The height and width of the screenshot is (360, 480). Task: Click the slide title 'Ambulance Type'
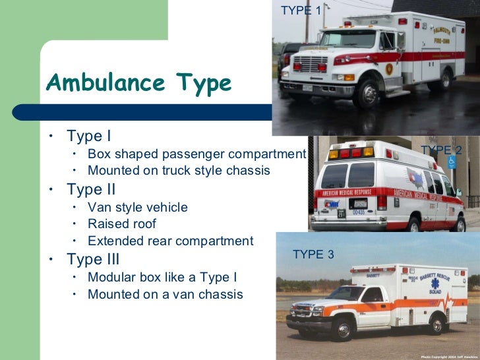pos(138,84)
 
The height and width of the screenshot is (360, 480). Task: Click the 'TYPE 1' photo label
pos(301,10)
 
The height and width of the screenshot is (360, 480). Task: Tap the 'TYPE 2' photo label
pos(442,150)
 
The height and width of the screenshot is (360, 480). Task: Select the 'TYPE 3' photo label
pos(313,255)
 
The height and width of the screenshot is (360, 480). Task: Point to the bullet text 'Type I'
pos(88,136)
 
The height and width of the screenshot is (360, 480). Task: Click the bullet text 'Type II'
pos(91,190)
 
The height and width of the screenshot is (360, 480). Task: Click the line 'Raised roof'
pos(122,224)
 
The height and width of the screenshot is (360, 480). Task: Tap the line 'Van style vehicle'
pos(138,207)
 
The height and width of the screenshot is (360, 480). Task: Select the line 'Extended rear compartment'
pos(170,241)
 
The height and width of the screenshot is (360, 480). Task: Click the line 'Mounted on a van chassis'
pos(165,294)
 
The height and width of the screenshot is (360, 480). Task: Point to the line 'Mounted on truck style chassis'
pos(179,170)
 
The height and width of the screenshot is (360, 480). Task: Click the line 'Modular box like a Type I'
pos(162,277)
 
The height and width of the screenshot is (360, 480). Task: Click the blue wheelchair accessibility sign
pos(452,161)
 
